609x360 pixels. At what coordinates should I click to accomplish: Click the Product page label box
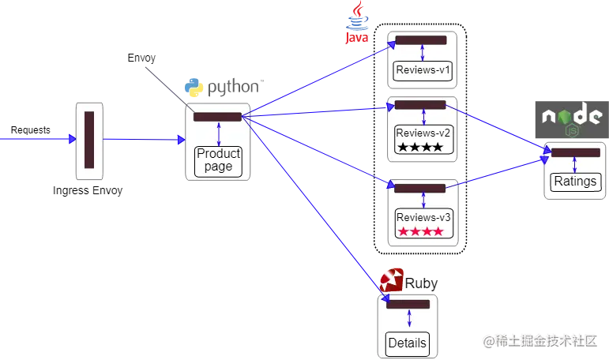click(218, 159)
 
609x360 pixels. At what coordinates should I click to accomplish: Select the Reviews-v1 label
click(423, 71)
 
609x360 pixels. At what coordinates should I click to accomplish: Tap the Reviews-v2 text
click(423, 132)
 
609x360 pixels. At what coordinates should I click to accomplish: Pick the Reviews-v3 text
click(423, 217)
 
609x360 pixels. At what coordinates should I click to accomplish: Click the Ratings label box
click(575, 182)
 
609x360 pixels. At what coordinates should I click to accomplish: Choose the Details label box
click(408, 343)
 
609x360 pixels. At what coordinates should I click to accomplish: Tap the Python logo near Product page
click(195, 88)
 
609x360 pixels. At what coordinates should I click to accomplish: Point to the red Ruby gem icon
click(392, 280)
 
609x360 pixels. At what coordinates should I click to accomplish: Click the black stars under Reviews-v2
click(420, 147)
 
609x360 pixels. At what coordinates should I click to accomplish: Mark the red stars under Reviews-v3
click(420, 232)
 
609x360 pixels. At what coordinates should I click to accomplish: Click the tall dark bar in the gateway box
click(89, 140)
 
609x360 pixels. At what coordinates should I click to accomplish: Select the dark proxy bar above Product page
click(217, 117)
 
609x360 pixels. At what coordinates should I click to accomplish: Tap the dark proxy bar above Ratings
click(576, 152)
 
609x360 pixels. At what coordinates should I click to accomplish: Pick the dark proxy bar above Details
click(408, 304)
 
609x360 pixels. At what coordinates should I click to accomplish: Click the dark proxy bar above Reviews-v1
click(420, 39)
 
